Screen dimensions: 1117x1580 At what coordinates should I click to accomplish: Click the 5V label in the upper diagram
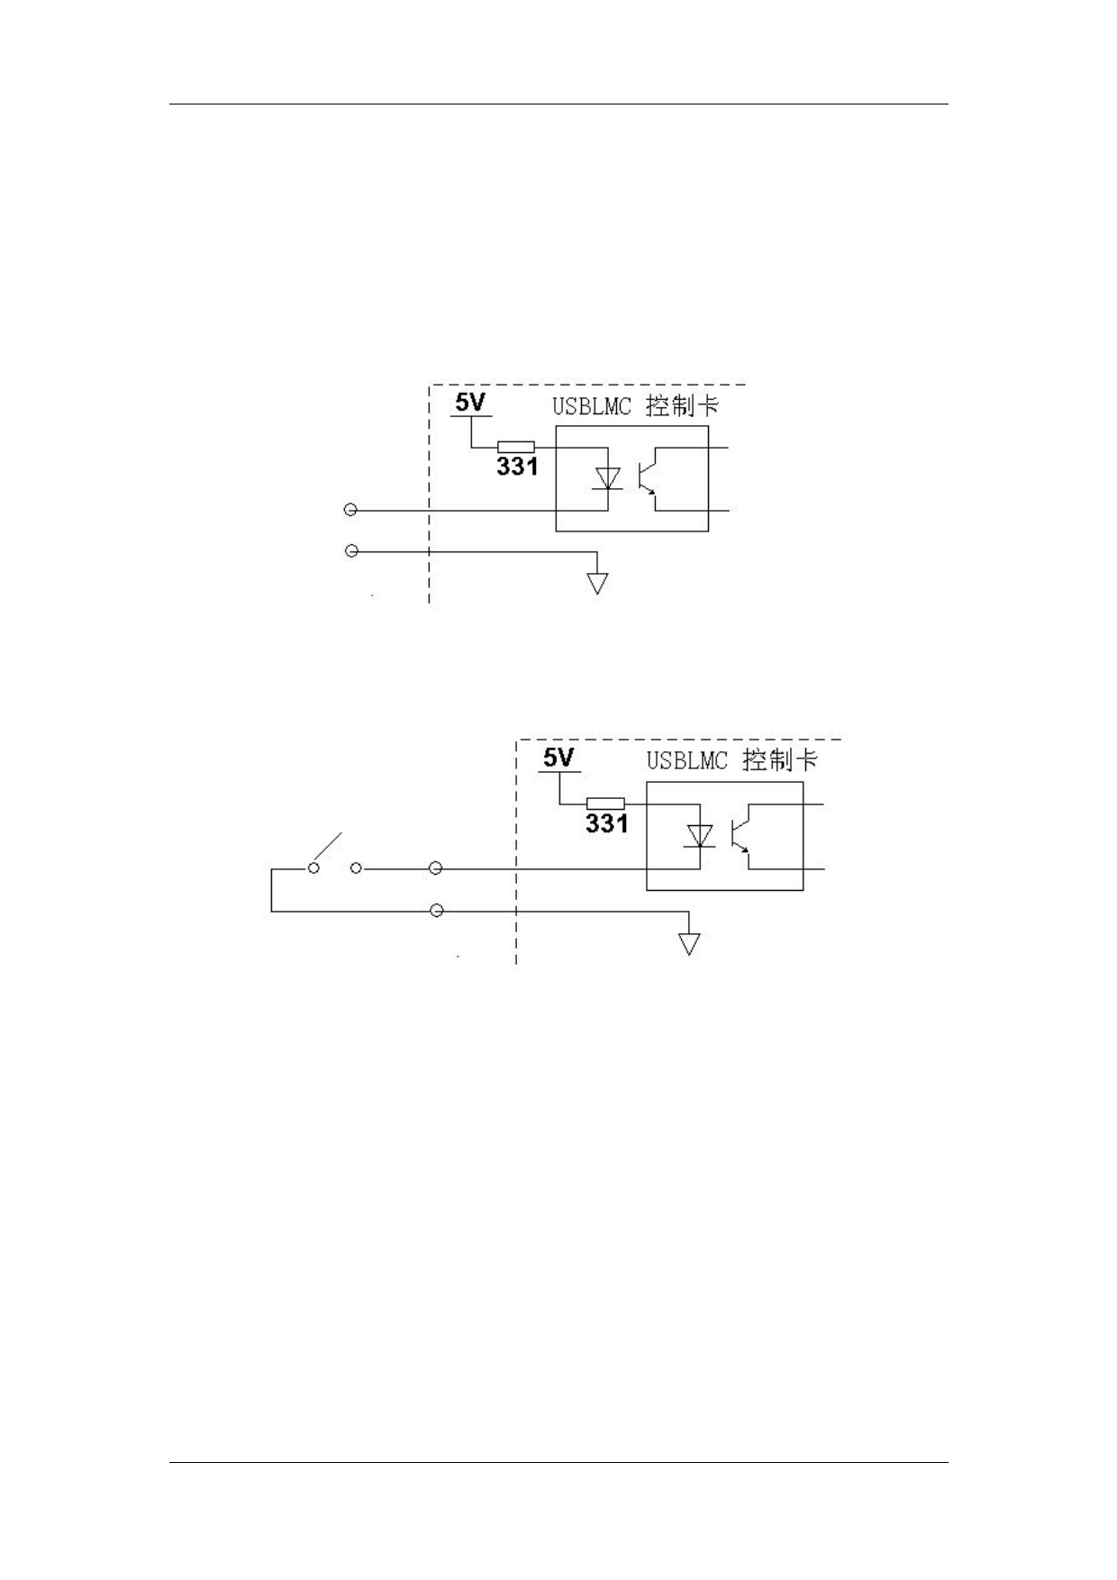click(x=469, y=402)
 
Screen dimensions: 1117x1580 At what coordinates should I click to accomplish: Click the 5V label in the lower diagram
click(x=558, y=758)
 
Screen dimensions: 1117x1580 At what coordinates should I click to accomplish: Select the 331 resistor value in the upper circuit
click(x=517, y=467)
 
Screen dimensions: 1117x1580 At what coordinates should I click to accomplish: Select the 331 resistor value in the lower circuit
click(x=607, y=823)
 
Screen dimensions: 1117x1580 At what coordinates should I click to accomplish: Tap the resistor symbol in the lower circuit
click(x=605, y=804)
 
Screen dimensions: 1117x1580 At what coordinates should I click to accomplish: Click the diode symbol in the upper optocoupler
click(x=607, y=478)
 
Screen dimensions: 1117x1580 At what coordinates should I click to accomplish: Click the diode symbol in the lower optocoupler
click(x=699, y=836)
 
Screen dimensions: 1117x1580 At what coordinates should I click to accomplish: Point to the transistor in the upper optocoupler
click(x=648, y=478)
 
